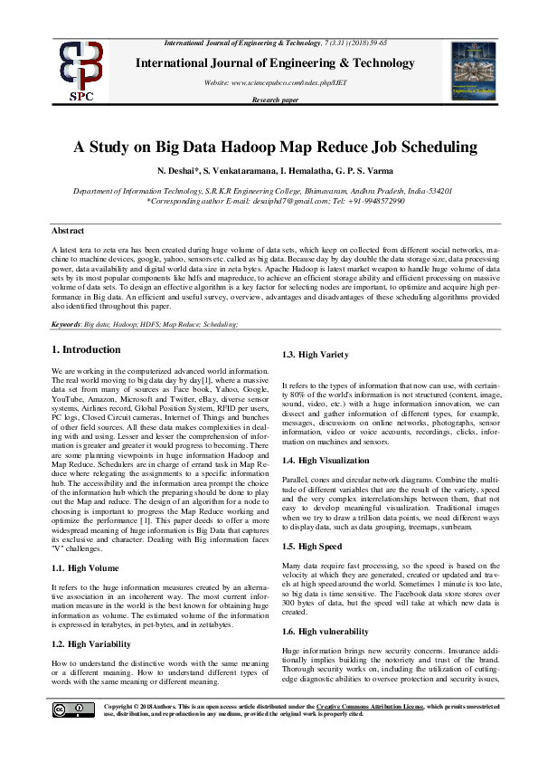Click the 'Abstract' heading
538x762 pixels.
point(69,232)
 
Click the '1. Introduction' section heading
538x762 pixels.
point(85,349)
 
